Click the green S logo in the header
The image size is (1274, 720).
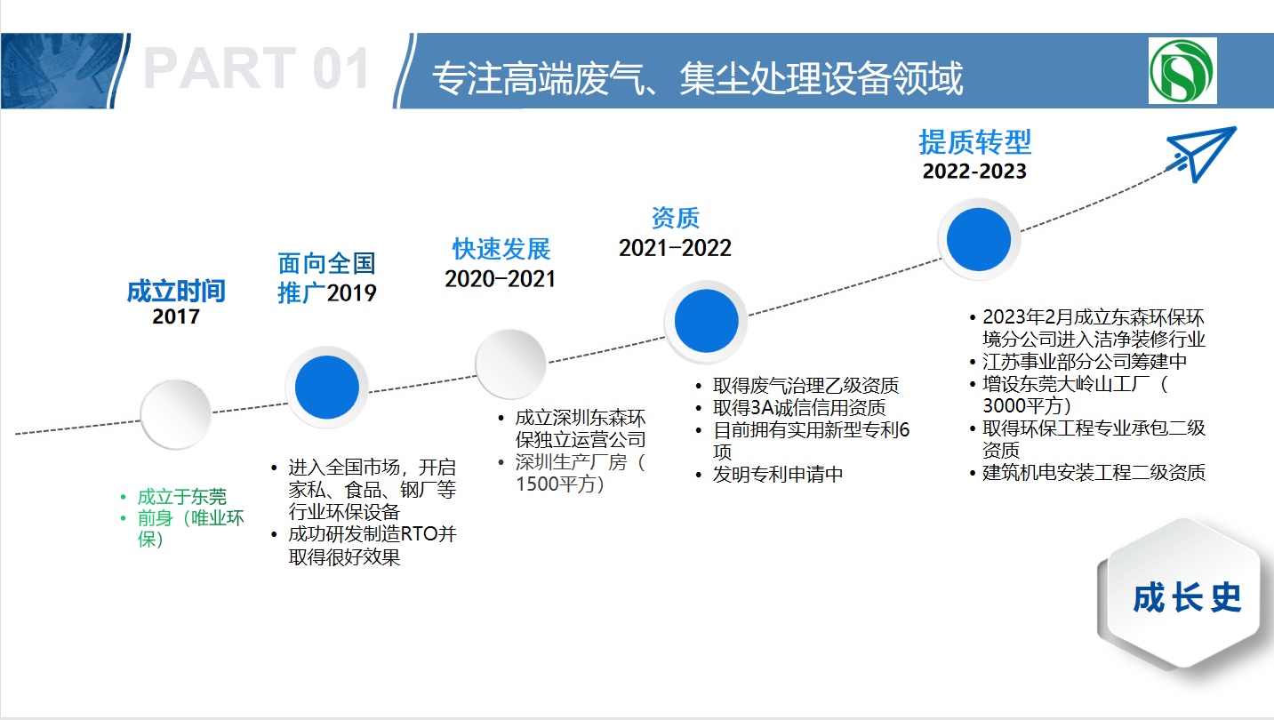click(x=1182, y=70)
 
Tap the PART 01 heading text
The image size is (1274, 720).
click(x=257, y=68)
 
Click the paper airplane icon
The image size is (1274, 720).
click(x=1200, y=154)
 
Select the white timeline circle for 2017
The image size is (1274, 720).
click(x=176, y=414)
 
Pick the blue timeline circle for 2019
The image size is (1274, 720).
click(x=327, y=388)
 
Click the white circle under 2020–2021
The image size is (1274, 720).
click(x=510, y=364)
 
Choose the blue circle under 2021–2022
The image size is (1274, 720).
click(x=707, y=321)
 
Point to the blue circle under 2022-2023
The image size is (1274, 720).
click(x=979, y=239)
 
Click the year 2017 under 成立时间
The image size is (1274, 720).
click(x=176, y=316)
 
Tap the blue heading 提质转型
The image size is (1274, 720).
click(x=975, y=142)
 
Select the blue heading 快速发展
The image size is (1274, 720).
click(x=501, y=249)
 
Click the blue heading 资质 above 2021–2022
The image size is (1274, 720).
click(x=675, y=218)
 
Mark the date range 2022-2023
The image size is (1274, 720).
click(x=974, y=172)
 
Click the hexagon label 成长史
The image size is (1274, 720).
click(x=1187, y=597)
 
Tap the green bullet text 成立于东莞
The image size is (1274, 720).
click(x=182, y=497)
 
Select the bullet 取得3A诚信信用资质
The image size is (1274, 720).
click(x=799, y=408)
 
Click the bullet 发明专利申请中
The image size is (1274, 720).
click(x=778, y=475)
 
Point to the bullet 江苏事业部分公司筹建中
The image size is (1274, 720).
click(x=1085, y=362)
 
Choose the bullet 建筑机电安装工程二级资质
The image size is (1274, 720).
click(x=1094, y=473)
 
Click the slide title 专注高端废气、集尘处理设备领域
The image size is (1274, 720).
click(x=697, y=78)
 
